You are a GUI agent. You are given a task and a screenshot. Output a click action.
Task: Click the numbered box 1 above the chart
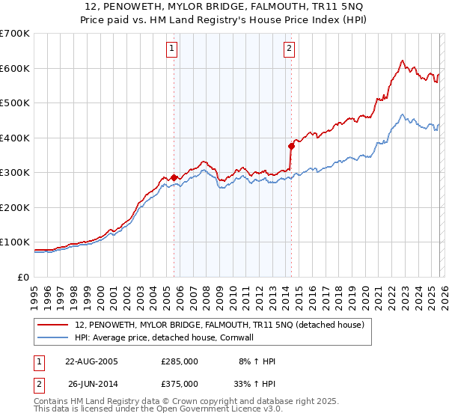(x=171, y=49)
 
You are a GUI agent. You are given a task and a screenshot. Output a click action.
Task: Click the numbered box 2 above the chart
(x=289, y=49)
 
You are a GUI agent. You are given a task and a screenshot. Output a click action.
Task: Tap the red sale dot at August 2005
(x=174, y=177)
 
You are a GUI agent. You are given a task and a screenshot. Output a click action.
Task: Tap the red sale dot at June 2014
(x=291, y=146)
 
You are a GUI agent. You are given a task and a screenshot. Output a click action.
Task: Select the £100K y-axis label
(x=15, y=242)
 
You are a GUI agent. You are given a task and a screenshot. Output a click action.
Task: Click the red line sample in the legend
(x=54, y=325)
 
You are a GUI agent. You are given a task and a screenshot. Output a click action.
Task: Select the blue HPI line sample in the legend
(x=54, y=337)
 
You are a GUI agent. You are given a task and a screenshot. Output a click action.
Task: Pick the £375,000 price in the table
(x=179, y=384)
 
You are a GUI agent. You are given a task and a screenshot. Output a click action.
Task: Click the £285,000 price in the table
(x=179, y=361)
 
